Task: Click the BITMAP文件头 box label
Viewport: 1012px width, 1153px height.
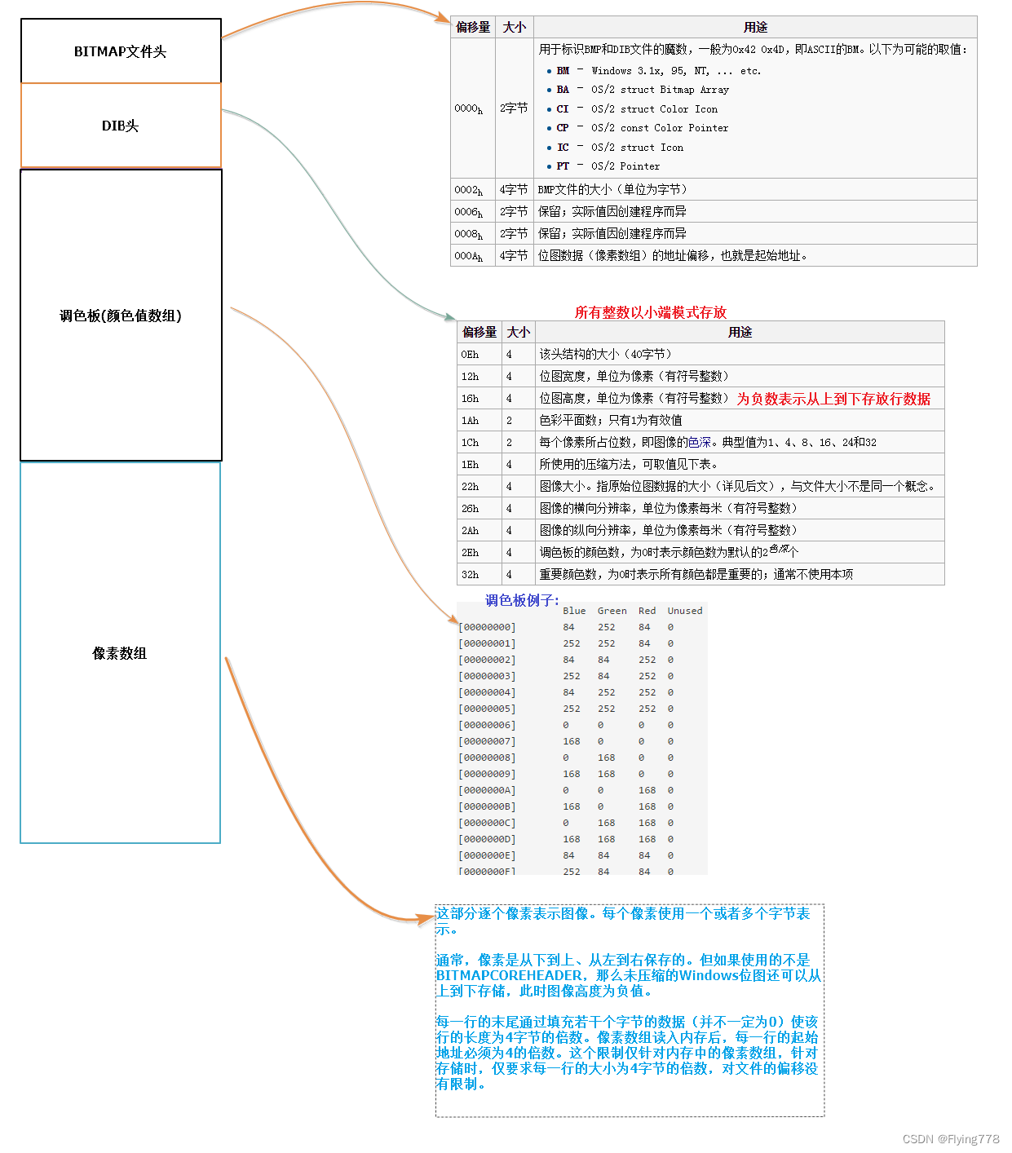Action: pyautogui.click(x=120, y=51)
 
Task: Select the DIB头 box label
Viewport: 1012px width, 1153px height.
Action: pyautogui.click(x=120, y=126)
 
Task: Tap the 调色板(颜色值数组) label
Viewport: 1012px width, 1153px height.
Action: pyautogui.click(x=120, y=316)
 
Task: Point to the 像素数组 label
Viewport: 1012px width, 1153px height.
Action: pyautogui.click(x=119, y=653)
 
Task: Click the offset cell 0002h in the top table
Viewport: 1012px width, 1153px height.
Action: pyautogui.click(x=469, y=190)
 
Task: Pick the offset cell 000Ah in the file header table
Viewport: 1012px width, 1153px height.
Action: pyautogui.click(x=469, y=256)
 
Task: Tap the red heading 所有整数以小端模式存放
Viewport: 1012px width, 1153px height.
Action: pyautogui.click(x=650, y=312)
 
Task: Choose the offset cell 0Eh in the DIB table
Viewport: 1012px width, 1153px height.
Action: pyautogui.click(x=470, y=355)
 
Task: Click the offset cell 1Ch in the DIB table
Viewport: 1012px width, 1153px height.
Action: pyautogui.click(x=470, y=443)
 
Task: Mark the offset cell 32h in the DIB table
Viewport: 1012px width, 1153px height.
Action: pyautogui.click(x=470, y=575)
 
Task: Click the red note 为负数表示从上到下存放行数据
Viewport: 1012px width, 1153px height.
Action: pyautogui.click(x=833, y=399)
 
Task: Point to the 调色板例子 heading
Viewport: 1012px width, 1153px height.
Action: pyautogui.click(x=522, y=600)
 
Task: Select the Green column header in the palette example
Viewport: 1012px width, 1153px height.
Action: pyautogui.click(x=612, y=611)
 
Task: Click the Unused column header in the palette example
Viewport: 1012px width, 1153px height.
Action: pyautogui.click(x=684, y=611)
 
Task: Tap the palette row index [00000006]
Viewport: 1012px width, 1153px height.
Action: pyautogui.click(x=487, y=725)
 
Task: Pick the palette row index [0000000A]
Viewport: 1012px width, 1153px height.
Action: pyautogui.click(x=487, y=790)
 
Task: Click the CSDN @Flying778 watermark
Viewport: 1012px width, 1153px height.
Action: pyautogui.click(x=951, y=1139)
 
